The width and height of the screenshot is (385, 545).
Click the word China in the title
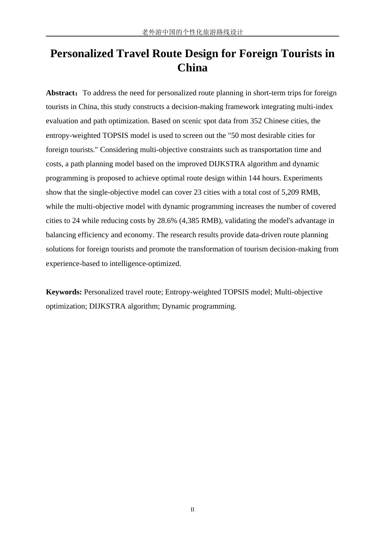(x=192, y=68)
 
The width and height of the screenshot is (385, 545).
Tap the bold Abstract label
(x=61, y=93)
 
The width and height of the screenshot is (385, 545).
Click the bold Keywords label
(x=64, y=292)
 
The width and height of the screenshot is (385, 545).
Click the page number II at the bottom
(x=192, y=509)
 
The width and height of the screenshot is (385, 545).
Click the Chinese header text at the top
(x=192, y=32)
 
